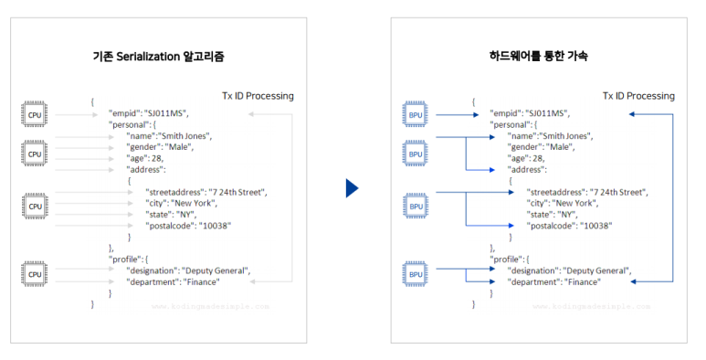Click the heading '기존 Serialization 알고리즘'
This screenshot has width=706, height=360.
click(x=159, y=57)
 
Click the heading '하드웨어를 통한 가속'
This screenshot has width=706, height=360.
click(x=539, y=56)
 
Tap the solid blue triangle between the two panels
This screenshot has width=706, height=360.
click(x=353, y=188)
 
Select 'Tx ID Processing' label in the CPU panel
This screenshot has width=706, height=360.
click(x=258, y=96)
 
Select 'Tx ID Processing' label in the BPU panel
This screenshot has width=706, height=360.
click(x=638, y=96)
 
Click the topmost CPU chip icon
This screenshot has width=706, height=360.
click(x=34, y=114)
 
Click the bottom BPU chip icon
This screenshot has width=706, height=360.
click(x=416, y=274)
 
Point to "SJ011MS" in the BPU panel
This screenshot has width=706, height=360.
click(x=547, y=113)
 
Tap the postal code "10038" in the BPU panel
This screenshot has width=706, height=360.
click(x=596, y=226)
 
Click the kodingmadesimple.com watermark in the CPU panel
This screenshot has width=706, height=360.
click(x=210, y=306)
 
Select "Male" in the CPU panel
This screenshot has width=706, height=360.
click(x=179, y=147)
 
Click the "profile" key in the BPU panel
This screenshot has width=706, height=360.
click(x=506, y=259)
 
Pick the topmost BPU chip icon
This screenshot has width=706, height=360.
click(x=416, y=114)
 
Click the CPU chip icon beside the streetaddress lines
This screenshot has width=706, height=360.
click(x=35, y=206)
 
